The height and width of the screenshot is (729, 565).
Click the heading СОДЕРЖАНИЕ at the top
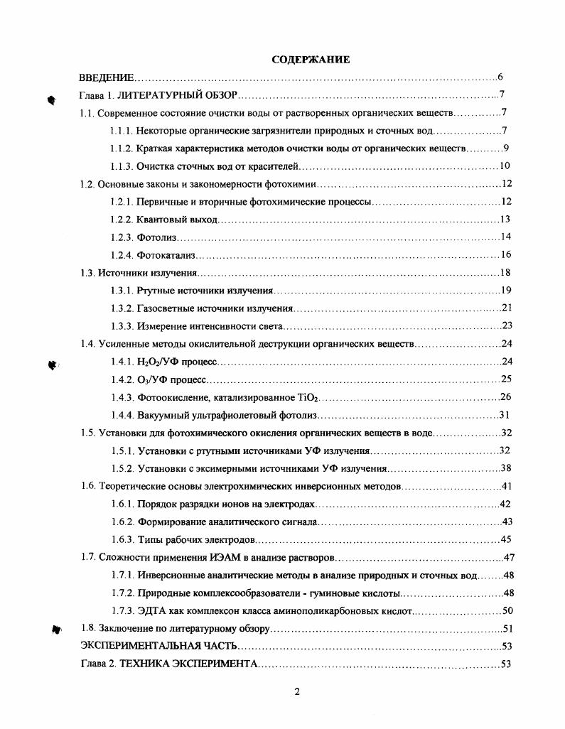(x=311, y=60)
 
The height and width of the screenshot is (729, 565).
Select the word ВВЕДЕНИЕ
(x=106, y=77)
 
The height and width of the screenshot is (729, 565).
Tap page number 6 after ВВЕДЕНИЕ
(x=500, y=77)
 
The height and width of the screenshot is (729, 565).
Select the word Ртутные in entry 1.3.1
(x=153, y=291)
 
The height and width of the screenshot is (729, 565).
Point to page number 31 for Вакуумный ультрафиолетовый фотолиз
(x=504, y=416)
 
